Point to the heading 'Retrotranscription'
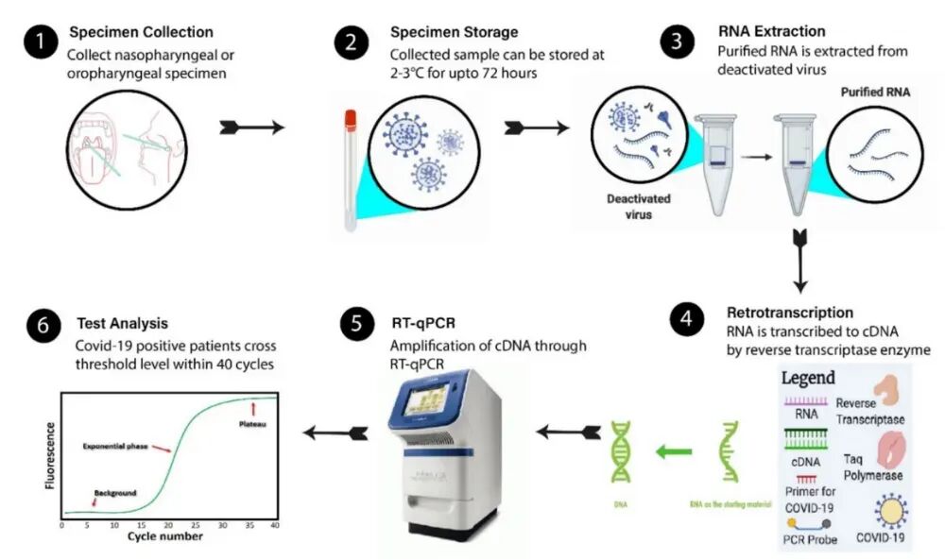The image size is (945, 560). click(789, 313)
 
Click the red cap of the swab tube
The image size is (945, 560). click(350, 120)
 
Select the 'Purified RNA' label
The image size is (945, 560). click(877, 93)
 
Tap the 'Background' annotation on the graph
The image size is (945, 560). click(115, 493)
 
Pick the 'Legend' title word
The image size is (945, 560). click(808, 378)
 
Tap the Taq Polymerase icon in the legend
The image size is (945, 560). click(893, 450)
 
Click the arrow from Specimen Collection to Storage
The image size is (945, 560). click(251, 127)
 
